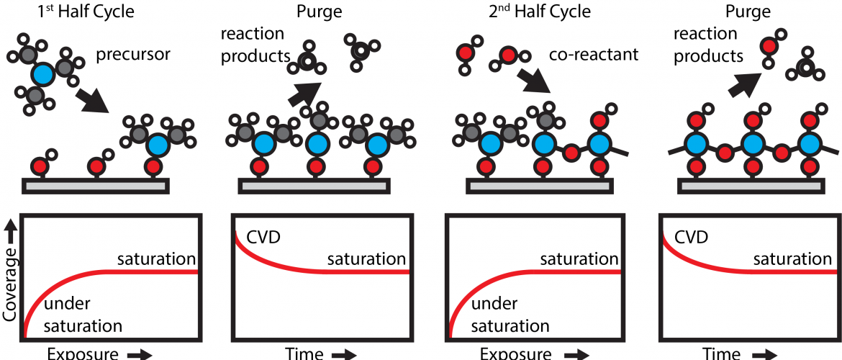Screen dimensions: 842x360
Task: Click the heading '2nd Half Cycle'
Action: (539, 11)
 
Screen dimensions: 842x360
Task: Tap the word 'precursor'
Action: (132, 55)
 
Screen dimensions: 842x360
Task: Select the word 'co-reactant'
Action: (594, 55)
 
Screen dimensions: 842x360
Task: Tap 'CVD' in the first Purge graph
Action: (263, 237)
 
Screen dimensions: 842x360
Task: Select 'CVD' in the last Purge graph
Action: (689, 237)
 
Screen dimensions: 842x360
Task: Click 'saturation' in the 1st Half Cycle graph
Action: (157, 259)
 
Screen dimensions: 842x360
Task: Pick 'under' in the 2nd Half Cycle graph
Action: (494, 304)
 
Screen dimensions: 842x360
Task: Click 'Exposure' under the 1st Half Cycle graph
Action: (83, 354)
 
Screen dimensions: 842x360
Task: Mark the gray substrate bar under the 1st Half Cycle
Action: (95, 186)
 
